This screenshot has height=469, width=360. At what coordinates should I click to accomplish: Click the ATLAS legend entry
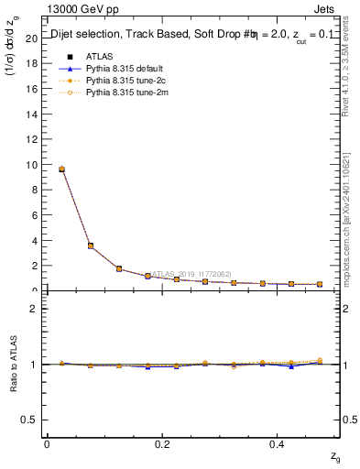(99, 56)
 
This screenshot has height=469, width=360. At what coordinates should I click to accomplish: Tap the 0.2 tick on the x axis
(161, 444)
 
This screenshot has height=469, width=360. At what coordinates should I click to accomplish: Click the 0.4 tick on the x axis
(276, 444)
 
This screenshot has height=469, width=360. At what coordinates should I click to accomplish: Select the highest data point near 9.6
(61, 169)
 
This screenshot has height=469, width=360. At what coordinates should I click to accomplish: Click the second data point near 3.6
(90, 245)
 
